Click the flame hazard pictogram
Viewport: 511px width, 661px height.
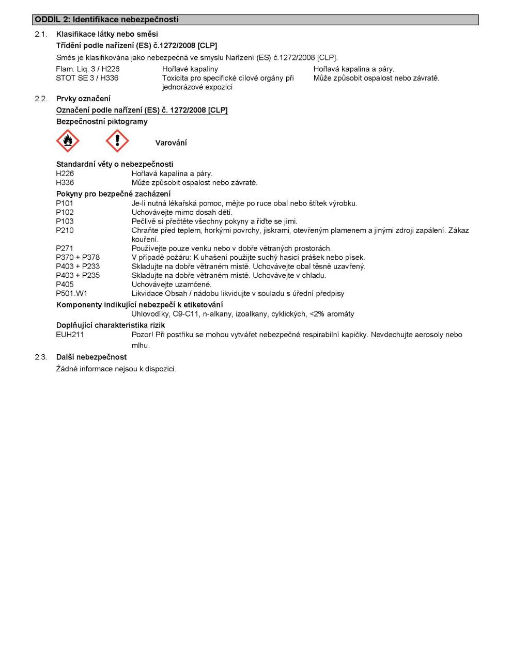pos(67,141)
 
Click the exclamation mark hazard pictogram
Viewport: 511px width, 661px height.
pos(117,141)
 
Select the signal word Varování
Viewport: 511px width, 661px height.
pos(171,143)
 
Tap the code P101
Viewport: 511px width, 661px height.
pos(65,203)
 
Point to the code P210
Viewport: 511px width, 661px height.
pos(65,230)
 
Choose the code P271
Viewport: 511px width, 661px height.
pos(65,248)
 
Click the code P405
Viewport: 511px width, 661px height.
pos(65,285)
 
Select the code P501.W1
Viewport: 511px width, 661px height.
pos(72,293)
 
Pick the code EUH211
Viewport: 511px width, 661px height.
pos(70,335)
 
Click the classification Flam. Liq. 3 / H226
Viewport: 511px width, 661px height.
pos(88,69)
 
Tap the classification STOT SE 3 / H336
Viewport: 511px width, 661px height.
pos(87,78)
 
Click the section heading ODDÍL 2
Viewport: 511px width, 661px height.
pos(106,20)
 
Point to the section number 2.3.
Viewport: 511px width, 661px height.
pos(41,357)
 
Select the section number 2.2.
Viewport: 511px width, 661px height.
pos(41,99)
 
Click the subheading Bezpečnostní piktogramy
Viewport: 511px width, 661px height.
pos(102,122)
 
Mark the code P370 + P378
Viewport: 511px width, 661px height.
pos(78,257)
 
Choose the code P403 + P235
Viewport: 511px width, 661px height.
pos(78,275)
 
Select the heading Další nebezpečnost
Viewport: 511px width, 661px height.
pos(91,357)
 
